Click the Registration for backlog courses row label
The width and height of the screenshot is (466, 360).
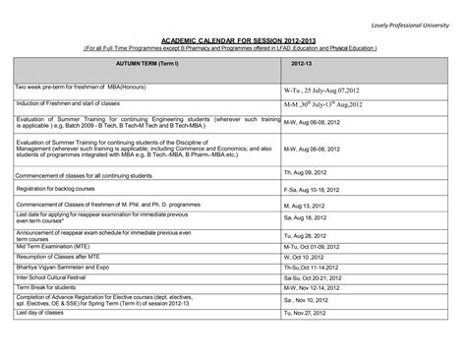pos(61,187)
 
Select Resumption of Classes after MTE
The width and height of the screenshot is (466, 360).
pos(59,258)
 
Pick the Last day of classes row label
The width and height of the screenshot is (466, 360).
pos(41,313)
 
